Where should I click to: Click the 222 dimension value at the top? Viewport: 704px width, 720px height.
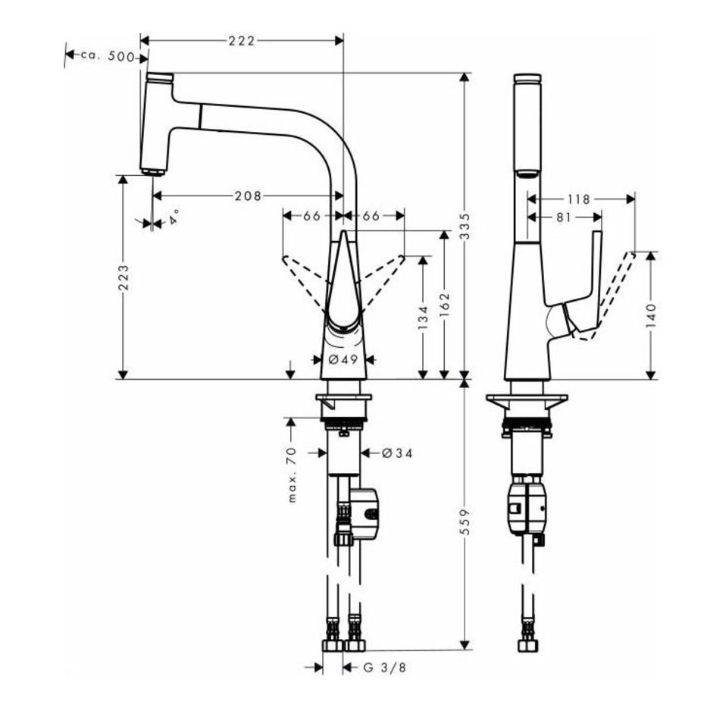242,40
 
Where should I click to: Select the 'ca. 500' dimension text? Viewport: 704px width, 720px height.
106,55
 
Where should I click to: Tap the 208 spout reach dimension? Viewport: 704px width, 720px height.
248,196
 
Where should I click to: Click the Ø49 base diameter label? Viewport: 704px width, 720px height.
343,359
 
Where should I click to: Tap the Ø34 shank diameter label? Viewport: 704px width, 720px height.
396,453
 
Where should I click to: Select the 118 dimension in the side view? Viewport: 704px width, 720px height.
578,199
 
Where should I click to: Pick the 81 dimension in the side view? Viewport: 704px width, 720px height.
562,217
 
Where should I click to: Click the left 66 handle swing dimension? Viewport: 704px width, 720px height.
311,216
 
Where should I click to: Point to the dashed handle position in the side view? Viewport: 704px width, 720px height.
615,288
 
